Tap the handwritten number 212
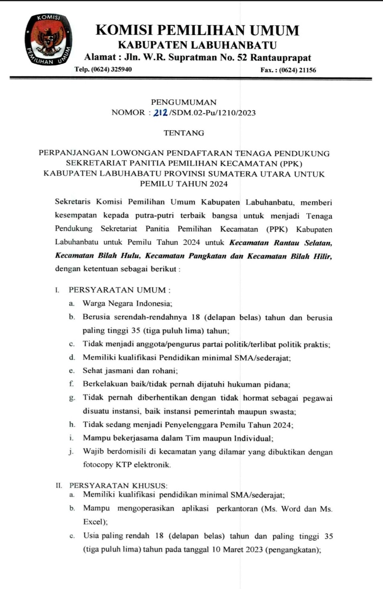(160, 113)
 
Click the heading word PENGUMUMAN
(184, 102)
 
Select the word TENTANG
(184, 133)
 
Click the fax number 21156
(307, 70)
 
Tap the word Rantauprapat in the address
(281, 57)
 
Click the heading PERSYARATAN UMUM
(117, 290)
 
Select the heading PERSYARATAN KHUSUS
(118, 485)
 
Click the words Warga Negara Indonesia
(127, 304)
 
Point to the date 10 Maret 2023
(237, 549)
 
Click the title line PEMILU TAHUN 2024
(184, 184)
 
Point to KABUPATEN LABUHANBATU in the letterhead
(197, 45)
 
